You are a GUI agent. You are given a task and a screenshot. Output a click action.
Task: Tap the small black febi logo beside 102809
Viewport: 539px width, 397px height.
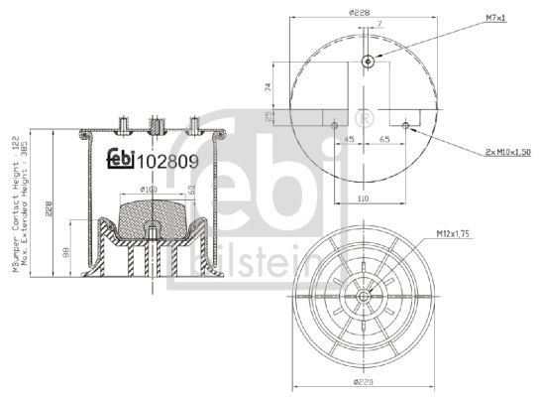[120, 157]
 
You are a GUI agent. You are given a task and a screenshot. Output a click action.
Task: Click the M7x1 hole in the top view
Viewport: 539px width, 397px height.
[369, 62]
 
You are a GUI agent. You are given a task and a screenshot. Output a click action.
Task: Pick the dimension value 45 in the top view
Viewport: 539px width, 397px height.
[350, 141]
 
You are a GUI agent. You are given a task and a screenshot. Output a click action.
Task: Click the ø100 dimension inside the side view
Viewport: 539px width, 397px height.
[148, 189]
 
